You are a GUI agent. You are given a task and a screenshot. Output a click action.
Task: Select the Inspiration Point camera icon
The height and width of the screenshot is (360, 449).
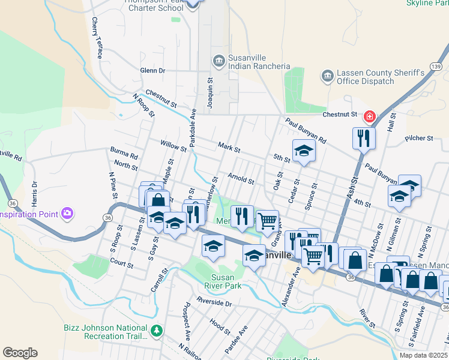67,214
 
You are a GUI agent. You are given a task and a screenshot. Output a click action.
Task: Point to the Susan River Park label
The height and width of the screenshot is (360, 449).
226,281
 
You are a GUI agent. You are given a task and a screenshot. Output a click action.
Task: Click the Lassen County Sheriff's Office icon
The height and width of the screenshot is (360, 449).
327,76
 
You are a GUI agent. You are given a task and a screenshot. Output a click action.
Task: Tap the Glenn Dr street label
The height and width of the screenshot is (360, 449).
152,71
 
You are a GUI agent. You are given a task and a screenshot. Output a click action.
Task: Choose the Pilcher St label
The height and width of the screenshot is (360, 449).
419,139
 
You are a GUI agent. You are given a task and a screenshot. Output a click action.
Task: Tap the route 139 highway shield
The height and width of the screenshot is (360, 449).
436,65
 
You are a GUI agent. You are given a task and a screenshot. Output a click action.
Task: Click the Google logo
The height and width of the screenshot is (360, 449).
20,353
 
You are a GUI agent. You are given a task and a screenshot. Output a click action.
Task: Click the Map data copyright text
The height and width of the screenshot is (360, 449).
423,355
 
